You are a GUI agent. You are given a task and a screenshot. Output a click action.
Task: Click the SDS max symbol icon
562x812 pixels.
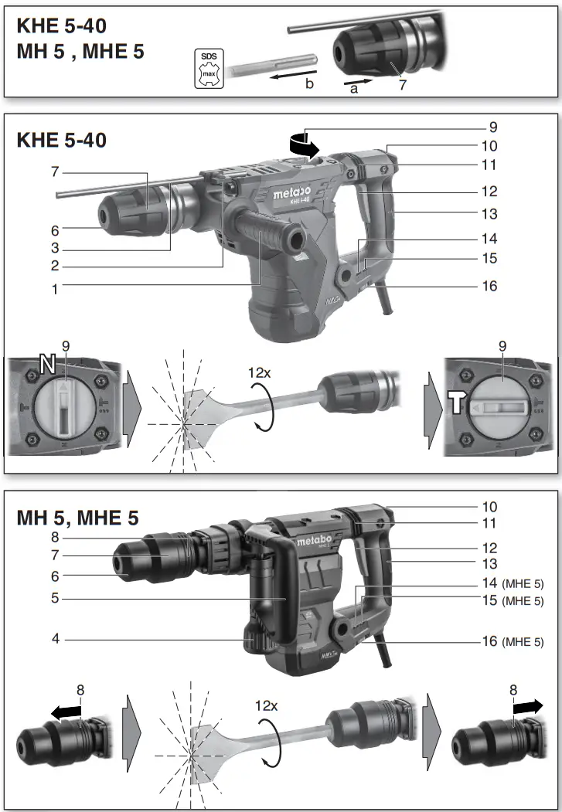pos(209,70)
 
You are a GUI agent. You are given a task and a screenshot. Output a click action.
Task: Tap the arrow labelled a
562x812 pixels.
pos(357,80)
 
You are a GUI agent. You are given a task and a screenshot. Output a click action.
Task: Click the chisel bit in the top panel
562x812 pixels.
pos(269,61)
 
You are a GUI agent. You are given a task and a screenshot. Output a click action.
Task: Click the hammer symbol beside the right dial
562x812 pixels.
pos(454,400)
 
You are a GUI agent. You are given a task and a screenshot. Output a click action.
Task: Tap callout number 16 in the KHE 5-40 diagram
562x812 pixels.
pos(489,286)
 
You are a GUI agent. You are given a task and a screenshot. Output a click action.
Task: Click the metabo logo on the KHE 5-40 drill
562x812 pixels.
pos(291,192)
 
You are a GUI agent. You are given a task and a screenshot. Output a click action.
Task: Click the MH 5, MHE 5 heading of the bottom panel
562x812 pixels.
pos(77,518)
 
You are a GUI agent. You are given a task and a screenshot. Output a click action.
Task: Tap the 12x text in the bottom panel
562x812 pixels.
pos(267,706)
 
